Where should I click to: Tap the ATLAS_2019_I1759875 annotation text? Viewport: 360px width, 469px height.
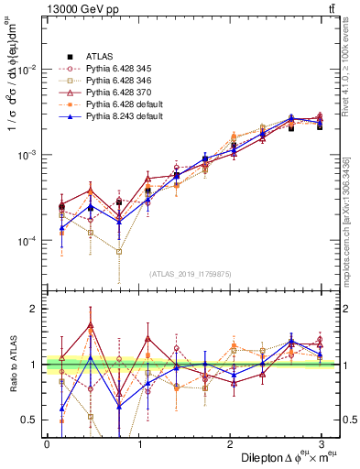tap(191, 273)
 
